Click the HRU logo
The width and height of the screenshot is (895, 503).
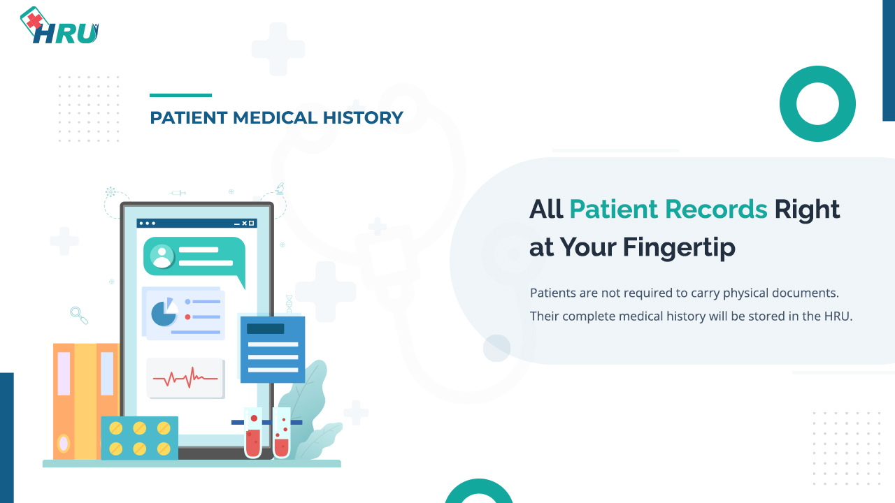tap(59, 25)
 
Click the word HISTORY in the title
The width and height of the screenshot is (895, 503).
tap(363, 118)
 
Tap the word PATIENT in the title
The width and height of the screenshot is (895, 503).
tap(189, 118)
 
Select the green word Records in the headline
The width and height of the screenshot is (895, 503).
tap(715, 209)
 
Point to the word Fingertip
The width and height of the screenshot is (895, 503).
tap(679, 247)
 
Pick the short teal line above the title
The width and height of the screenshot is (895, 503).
tap(180, 96)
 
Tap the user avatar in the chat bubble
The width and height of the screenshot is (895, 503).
tap(162, 256)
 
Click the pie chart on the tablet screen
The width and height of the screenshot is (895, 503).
tap(164, 312)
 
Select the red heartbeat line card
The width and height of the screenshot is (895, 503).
tap(185, 378)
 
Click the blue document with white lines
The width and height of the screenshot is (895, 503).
tap(273, 350)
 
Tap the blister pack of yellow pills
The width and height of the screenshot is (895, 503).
tap(139, 438)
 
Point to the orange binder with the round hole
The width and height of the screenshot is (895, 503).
tap(64, 401)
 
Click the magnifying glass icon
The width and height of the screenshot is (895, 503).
tap(79, 315)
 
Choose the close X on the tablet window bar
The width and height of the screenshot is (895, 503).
tap(245, 224)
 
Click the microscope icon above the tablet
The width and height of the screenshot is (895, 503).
tap(280, 189)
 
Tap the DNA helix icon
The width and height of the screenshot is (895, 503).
tap(289, 303)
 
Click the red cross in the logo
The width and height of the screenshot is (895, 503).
tap(35, 21)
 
